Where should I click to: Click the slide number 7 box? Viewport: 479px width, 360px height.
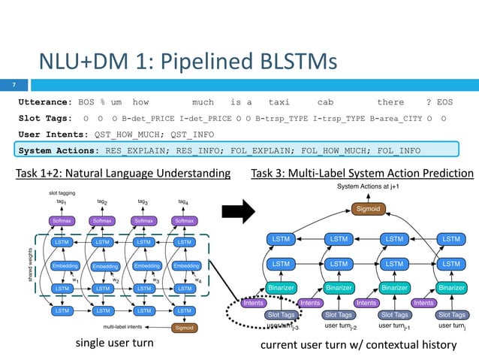[x=14, y=84]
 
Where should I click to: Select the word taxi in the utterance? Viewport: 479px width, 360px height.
[x=279, y=101]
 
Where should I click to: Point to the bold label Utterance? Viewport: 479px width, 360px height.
[x=44, y=101]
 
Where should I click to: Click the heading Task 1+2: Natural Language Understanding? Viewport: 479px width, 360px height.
[x=123, y=174]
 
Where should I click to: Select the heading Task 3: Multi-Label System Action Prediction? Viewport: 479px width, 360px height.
[x=363, y=174]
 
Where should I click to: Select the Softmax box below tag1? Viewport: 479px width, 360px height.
[x=62, y=221]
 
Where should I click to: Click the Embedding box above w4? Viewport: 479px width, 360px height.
[x=185, y=265]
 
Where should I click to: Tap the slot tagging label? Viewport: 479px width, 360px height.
[x=55, y=192]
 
